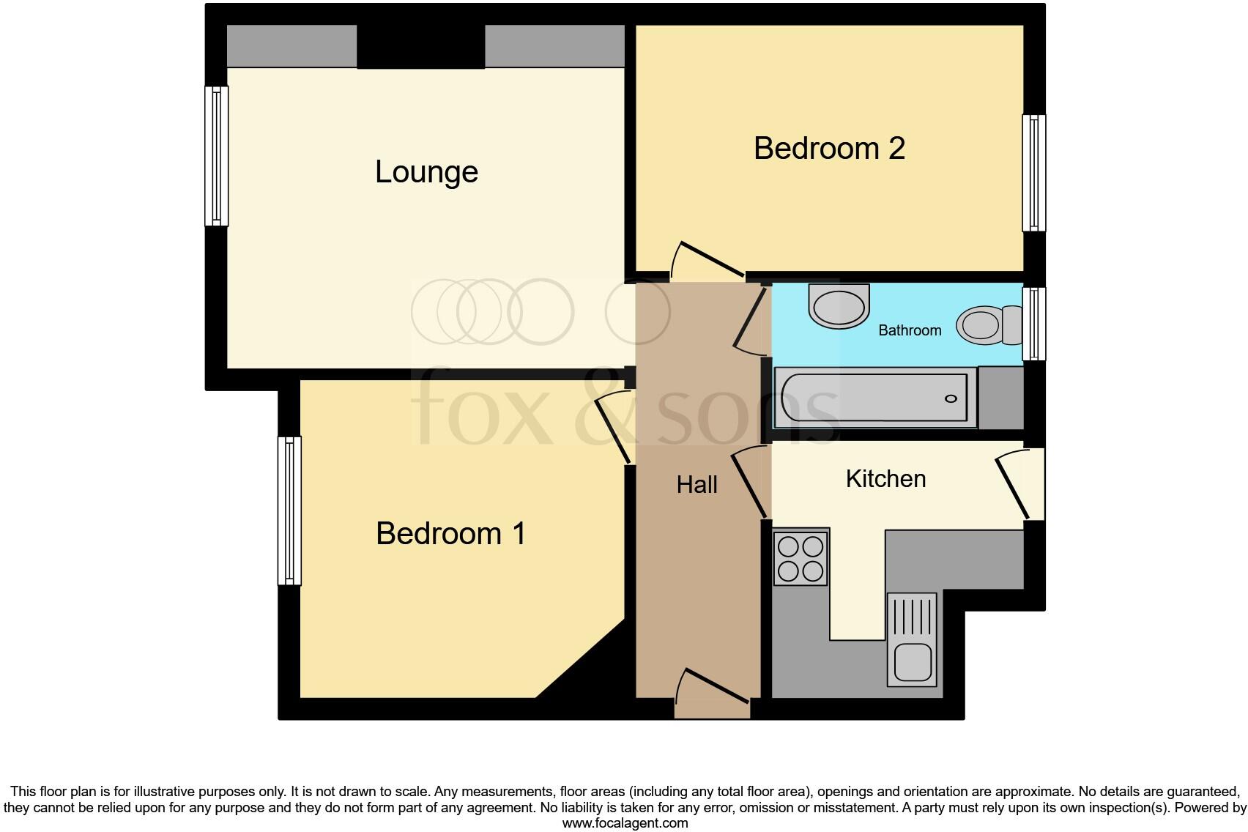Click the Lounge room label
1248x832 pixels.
pyautogui.click(x=426, y=172)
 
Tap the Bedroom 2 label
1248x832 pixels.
pyautogui.click(x=829, y=149)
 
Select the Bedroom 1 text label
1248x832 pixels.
pyautogui.click(x=450, y=533)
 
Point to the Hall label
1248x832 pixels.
pyautogui.click(x=697, y=484)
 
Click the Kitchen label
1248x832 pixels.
pyautogui.click(x=885, y=479)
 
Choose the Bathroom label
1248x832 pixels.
pyautogui.click(x=910, y=330)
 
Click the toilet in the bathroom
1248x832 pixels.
pyautogui.click(x=989, y=325)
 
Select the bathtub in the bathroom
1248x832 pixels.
pyautogui.click(x=876, y=398)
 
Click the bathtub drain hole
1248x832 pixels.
pyautogui.click(x=951, y=398)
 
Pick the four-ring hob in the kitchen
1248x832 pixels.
pyautogui.click(x=801, y=558)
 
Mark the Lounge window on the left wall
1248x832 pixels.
pyautogui.click(x=217, y=155)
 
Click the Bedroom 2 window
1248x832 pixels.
pyautogui.click(x=1033, y=173)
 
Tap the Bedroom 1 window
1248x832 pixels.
pyautogui.click(x=290, y=510)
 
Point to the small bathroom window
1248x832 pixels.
pyautogui.click(x=1033, y=324)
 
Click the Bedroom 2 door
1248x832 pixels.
pyautogui.click(x=708, y=263)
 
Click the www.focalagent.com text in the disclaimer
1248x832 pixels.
pyautogui.click(x=625, y=823)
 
